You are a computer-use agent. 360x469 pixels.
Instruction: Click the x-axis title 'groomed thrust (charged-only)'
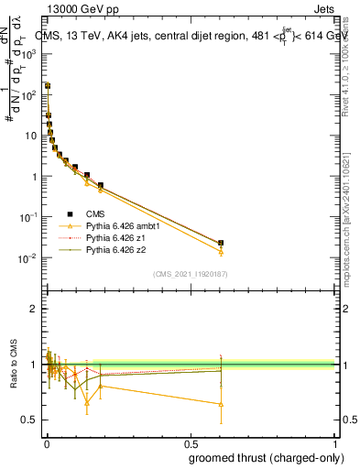[x=266, y=457]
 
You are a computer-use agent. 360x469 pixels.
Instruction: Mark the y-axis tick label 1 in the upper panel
[x=35, y=177]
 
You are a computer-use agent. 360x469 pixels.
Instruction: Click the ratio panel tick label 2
[x=35, y=310]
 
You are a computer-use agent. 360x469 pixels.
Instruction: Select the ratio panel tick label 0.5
[x=31, y=420]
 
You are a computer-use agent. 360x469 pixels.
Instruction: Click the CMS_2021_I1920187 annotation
[x=190, y=273]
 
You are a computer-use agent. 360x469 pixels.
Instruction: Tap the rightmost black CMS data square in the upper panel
[x=221, y=243]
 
